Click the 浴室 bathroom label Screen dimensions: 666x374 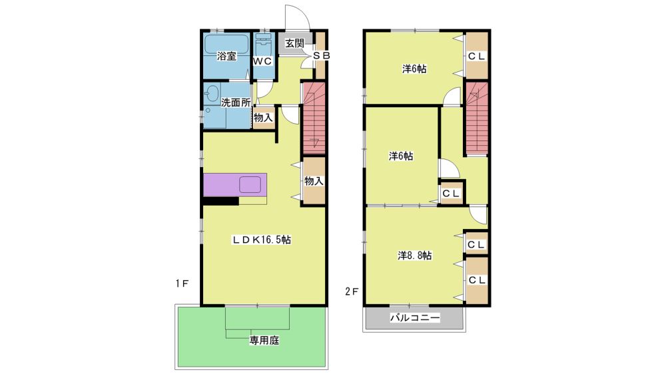226,56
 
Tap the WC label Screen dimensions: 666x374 262,61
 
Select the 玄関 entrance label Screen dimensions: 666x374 294,43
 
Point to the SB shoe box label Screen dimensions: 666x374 321,55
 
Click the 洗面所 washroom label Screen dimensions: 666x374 235,102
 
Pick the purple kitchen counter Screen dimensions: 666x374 235,184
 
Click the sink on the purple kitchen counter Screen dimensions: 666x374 250,184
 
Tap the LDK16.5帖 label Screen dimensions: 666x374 261,240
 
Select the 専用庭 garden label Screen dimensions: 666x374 264,340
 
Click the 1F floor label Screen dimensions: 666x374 182,283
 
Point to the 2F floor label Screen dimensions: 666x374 352,291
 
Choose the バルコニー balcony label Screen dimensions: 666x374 415,317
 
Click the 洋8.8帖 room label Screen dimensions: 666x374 415,256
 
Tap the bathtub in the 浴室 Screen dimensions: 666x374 226,44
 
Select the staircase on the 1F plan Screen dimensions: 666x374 314,118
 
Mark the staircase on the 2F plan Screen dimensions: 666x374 477,118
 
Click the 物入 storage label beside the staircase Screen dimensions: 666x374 314,181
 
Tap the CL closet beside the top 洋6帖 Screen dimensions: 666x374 477,56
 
